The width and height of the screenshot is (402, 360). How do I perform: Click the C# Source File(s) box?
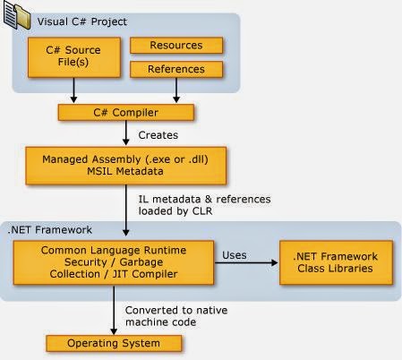74,57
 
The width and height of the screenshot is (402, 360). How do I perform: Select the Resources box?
176,46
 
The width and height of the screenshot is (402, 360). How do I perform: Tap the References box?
176,69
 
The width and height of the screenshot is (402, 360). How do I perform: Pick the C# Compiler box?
126,113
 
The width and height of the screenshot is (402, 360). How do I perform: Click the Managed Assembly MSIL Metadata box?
125,166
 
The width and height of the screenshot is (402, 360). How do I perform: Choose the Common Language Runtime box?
114,262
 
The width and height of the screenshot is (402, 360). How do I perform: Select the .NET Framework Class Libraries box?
336,262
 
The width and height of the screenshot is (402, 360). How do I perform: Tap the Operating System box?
114,343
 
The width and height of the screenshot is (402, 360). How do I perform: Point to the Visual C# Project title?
82,21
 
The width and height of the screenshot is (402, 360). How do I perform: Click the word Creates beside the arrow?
158,135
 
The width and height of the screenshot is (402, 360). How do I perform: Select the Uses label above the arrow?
235,255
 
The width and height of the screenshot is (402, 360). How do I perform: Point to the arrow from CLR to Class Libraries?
246,262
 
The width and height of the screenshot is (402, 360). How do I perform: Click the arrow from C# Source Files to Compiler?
73,90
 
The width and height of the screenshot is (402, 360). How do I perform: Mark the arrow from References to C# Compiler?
176,90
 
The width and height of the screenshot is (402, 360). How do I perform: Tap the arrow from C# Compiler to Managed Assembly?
126,133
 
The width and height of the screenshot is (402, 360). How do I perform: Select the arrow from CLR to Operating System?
114,310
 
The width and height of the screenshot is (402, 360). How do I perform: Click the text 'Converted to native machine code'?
176,316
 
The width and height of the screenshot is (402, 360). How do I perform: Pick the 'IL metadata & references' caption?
204,199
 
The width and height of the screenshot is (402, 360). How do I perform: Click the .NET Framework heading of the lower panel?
50,230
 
